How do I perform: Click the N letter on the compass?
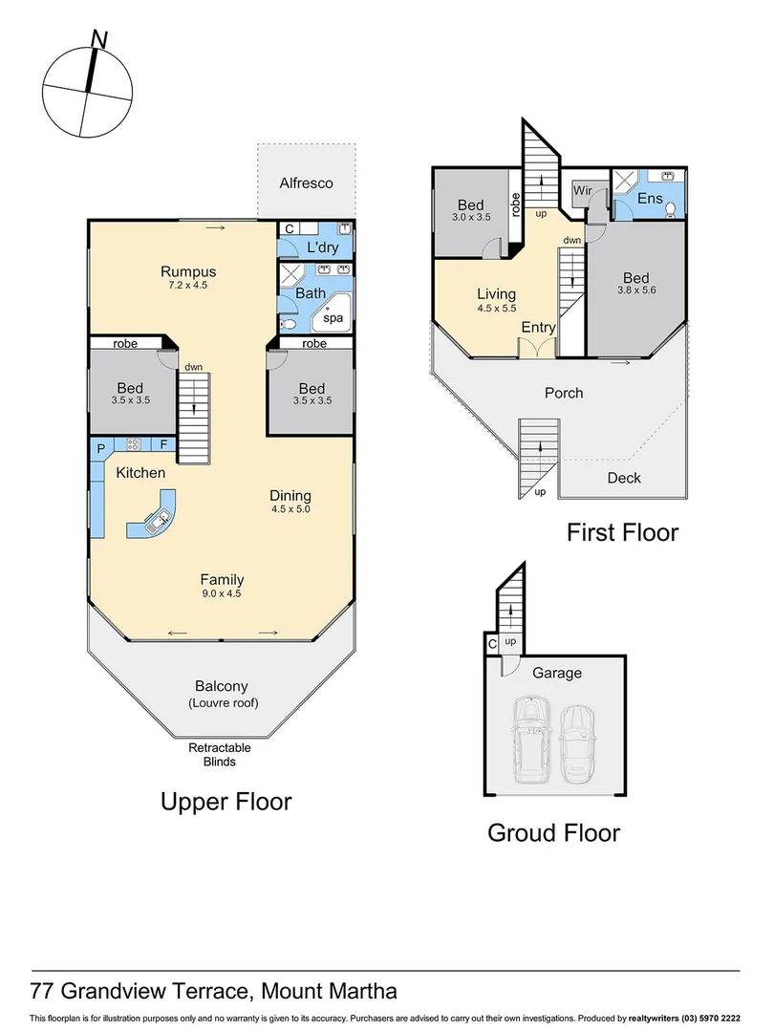[x=98, y=38]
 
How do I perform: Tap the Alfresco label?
[x=306, y=183]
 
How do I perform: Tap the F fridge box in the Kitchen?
[x=163, y=444]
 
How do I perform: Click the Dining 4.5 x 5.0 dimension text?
[x=290, y=509]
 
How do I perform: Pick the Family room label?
[x=222, y=579]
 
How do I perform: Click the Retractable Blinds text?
[x=212, y=754]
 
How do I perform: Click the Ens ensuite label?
[x=650, y=198]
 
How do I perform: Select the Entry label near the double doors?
[x=538, y=328]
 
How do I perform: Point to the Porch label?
[x=564, y=393]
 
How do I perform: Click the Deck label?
[x=624, y=478]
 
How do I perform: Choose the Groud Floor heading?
[x=553, y=832]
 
